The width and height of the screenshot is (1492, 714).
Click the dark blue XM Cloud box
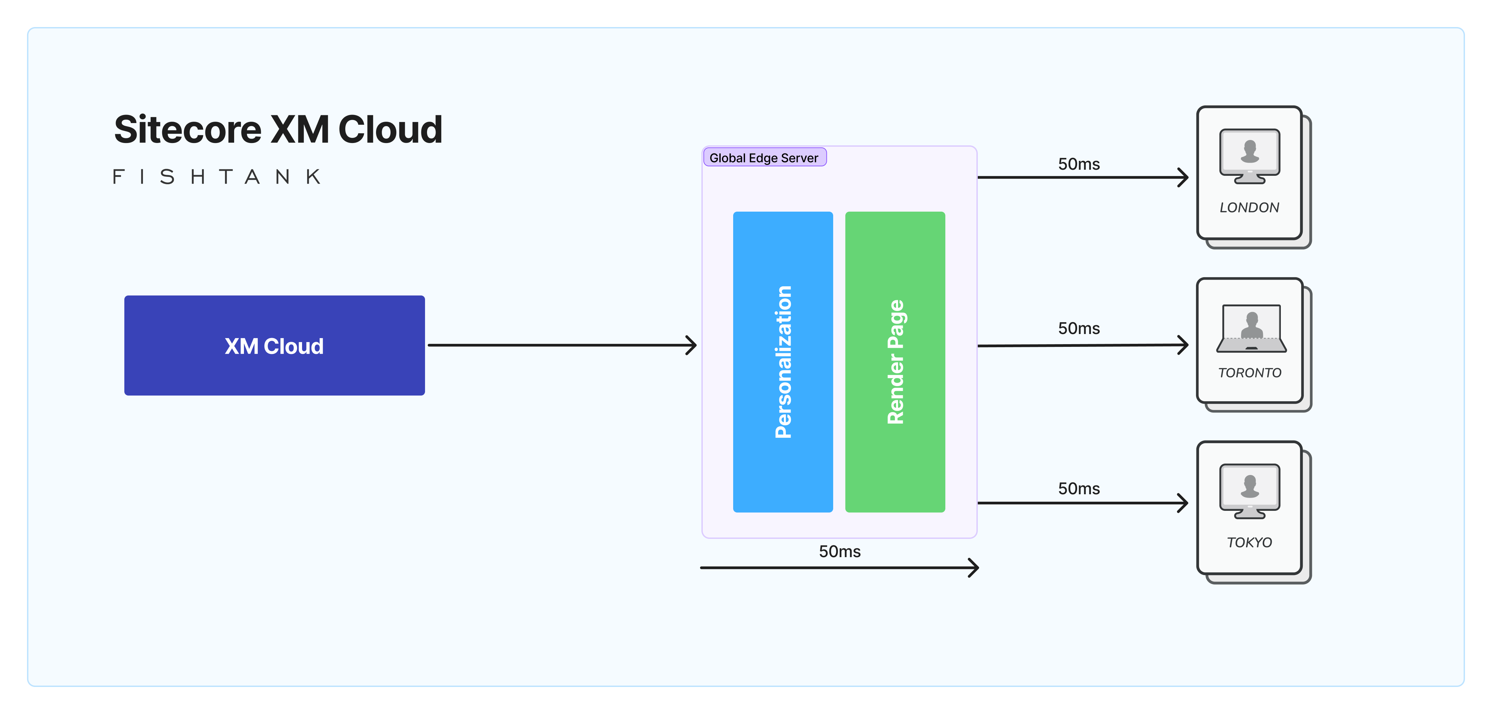pos(275,346)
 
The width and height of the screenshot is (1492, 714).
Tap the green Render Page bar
pos(895,362)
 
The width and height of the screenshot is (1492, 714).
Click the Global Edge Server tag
pos(764,158)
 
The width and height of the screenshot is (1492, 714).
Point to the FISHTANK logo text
pos(217,177)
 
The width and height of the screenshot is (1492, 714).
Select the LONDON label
pos(1249,208)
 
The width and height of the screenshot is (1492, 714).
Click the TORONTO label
pos(1249,373)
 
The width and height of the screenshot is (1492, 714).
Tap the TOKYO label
pos(1249,543)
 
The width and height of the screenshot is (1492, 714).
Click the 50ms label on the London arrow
pos(1078,164)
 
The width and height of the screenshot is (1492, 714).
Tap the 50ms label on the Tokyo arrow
pos(1078,489)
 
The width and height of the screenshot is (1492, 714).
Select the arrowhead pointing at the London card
pos(1183,177)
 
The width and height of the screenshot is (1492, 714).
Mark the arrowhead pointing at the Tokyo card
pos(1183,503)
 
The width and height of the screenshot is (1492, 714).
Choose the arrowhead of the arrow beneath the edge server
pos(974,567)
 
